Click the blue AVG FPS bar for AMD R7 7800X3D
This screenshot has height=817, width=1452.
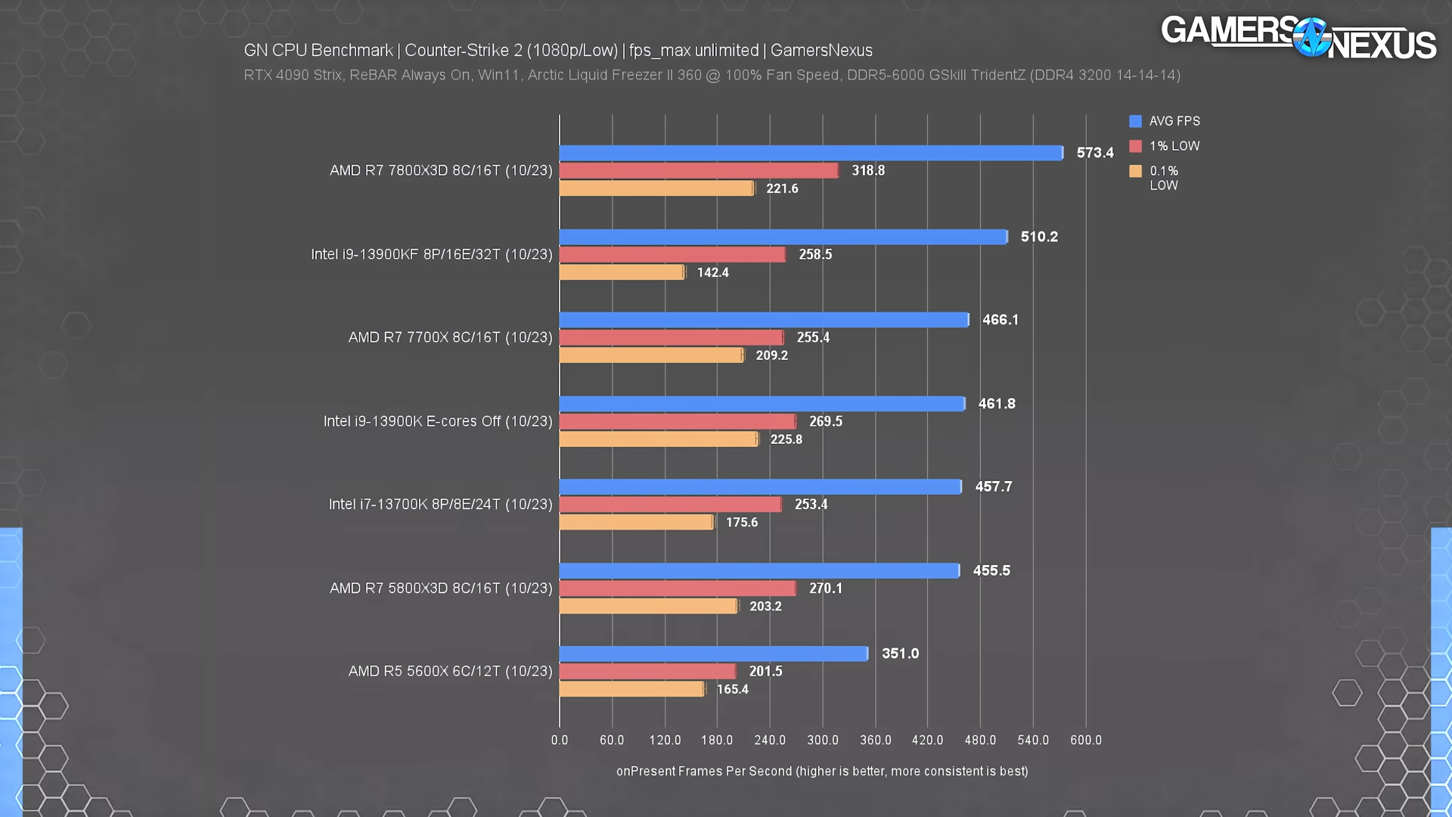[x=811, y=153]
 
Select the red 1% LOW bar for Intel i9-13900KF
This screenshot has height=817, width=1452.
[x=672, y=255]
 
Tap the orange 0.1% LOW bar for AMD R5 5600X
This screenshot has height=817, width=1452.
[x=631, y=689]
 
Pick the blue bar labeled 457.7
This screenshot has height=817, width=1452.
[x=760, y=487]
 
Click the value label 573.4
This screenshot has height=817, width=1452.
[x=1094, y=153]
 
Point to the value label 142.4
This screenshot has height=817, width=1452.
[x=712, y=272]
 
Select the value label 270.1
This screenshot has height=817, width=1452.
[x=825, y=589]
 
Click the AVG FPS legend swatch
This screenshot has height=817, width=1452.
[x=1135, y=121]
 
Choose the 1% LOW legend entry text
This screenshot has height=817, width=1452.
[x=1174, y=146]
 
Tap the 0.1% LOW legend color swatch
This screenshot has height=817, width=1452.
[x=1135, y=171]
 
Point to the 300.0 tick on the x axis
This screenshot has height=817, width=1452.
[x=822, y=740]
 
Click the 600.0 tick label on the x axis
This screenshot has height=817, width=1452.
[x=1085, y=740]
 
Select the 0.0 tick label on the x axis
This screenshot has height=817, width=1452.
[x=560, y=740]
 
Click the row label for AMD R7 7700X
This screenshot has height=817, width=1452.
[x=450, y=337]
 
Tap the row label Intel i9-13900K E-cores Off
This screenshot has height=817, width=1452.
[x=438, y=421]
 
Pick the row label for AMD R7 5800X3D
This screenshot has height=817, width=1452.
[x=441, y=589]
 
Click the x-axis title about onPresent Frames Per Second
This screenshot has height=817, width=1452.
[x=822, y=771]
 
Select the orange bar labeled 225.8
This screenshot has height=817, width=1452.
[x=658, y=440]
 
